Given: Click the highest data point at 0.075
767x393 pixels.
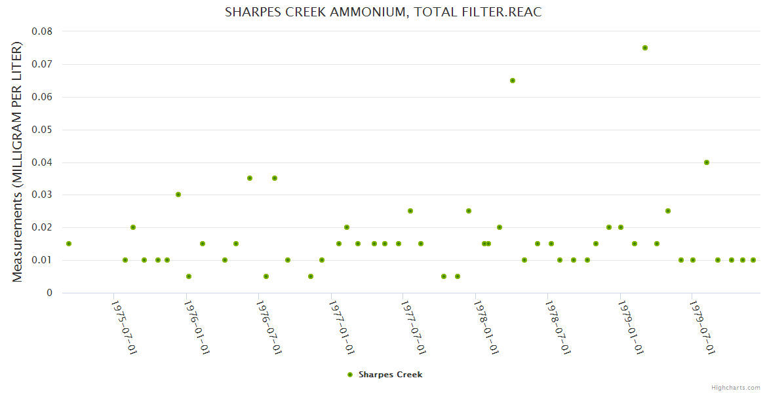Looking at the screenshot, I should pos(645,48).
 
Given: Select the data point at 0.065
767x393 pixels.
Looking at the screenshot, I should pos(513,81).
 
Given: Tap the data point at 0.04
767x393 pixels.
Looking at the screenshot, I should pos(707,162).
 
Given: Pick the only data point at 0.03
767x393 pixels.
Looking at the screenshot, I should pos(178,195).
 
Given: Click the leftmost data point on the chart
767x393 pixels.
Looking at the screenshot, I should pos(69,244).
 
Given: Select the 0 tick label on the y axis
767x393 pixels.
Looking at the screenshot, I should pos(49,293).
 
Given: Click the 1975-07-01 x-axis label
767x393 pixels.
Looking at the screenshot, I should pos(124,328).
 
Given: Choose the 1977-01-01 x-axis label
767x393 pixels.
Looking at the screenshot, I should pos(342,328).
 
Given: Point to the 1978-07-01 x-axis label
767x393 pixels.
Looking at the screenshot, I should pos(558,328).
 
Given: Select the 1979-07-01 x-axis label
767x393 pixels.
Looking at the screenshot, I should pos(702,328).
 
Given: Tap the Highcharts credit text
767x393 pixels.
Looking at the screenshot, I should pos(736,388).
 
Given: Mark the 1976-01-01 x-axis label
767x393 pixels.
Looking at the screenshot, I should pos(196,328).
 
